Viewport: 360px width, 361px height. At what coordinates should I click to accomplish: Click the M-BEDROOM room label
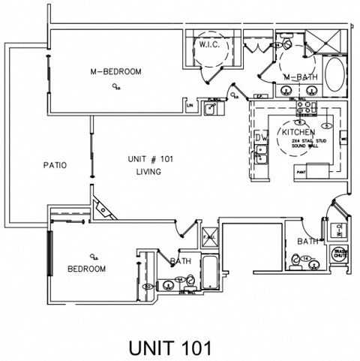tap(116, 72)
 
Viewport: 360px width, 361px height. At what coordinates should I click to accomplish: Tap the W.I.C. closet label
tap(208, 46)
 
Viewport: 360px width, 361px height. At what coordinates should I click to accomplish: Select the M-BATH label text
tap(299, 77)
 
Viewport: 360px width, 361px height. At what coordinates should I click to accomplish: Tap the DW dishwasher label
tap(260, 138)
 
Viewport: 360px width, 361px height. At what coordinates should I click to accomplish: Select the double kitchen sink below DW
tap(262, 158)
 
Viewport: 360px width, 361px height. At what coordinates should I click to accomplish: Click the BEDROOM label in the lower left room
tap(86, 268)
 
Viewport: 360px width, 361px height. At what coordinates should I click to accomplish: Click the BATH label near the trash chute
tap(307, 242)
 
